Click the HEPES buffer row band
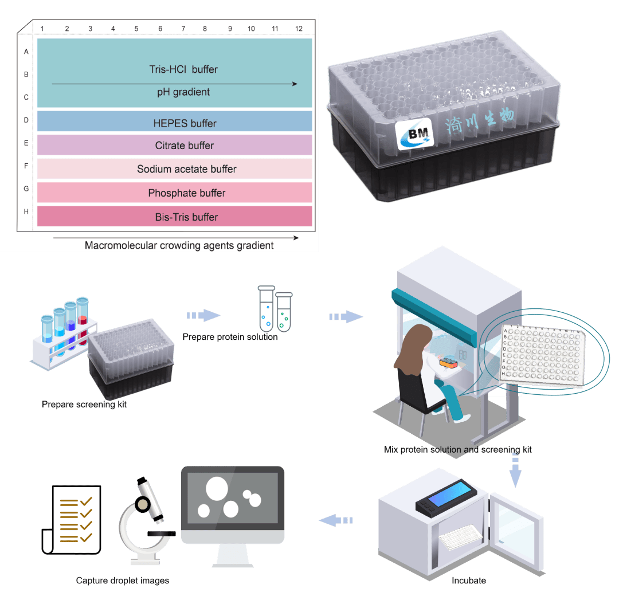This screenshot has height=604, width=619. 175,122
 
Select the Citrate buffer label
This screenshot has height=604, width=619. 185,146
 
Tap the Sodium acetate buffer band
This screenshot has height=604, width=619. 175,169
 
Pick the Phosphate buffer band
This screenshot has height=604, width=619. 175,193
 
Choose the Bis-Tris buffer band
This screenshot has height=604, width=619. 175,217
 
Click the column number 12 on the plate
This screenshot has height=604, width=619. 299,29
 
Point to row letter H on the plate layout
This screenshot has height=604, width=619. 26,211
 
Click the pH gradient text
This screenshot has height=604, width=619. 183,92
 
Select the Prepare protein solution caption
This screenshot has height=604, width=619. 230,337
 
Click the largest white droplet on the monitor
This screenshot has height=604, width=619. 217,489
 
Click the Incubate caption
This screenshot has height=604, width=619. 468,581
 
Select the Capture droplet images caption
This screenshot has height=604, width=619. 123,581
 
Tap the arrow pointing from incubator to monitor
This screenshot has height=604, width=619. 336,520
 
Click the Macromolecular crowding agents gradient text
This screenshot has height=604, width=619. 179,246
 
